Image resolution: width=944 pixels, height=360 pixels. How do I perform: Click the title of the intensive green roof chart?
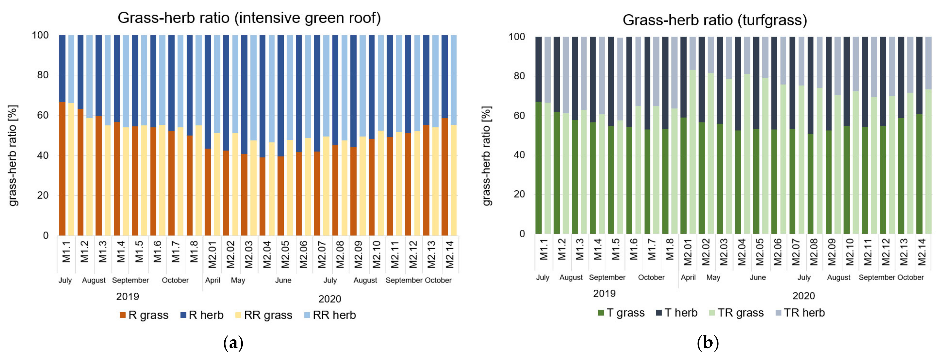249,18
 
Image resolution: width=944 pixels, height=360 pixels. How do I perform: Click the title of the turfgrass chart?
715,20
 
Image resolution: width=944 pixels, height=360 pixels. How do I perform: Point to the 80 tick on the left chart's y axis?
43,75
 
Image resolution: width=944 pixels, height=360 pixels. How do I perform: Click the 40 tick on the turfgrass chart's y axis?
519,155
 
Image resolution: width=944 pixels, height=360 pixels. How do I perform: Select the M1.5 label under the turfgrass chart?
616,249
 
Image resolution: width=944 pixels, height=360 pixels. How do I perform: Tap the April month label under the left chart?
213,280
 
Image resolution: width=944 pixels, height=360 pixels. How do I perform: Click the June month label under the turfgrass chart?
758,277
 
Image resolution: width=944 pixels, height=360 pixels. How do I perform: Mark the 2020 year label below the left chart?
329,299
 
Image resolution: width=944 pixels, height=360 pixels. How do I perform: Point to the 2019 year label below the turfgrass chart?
604,294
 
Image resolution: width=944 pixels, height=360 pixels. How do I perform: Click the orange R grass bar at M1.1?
62,169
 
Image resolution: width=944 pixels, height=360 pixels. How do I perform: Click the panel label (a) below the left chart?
233,343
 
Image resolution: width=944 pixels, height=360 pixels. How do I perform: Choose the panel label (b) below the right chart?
707,343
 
